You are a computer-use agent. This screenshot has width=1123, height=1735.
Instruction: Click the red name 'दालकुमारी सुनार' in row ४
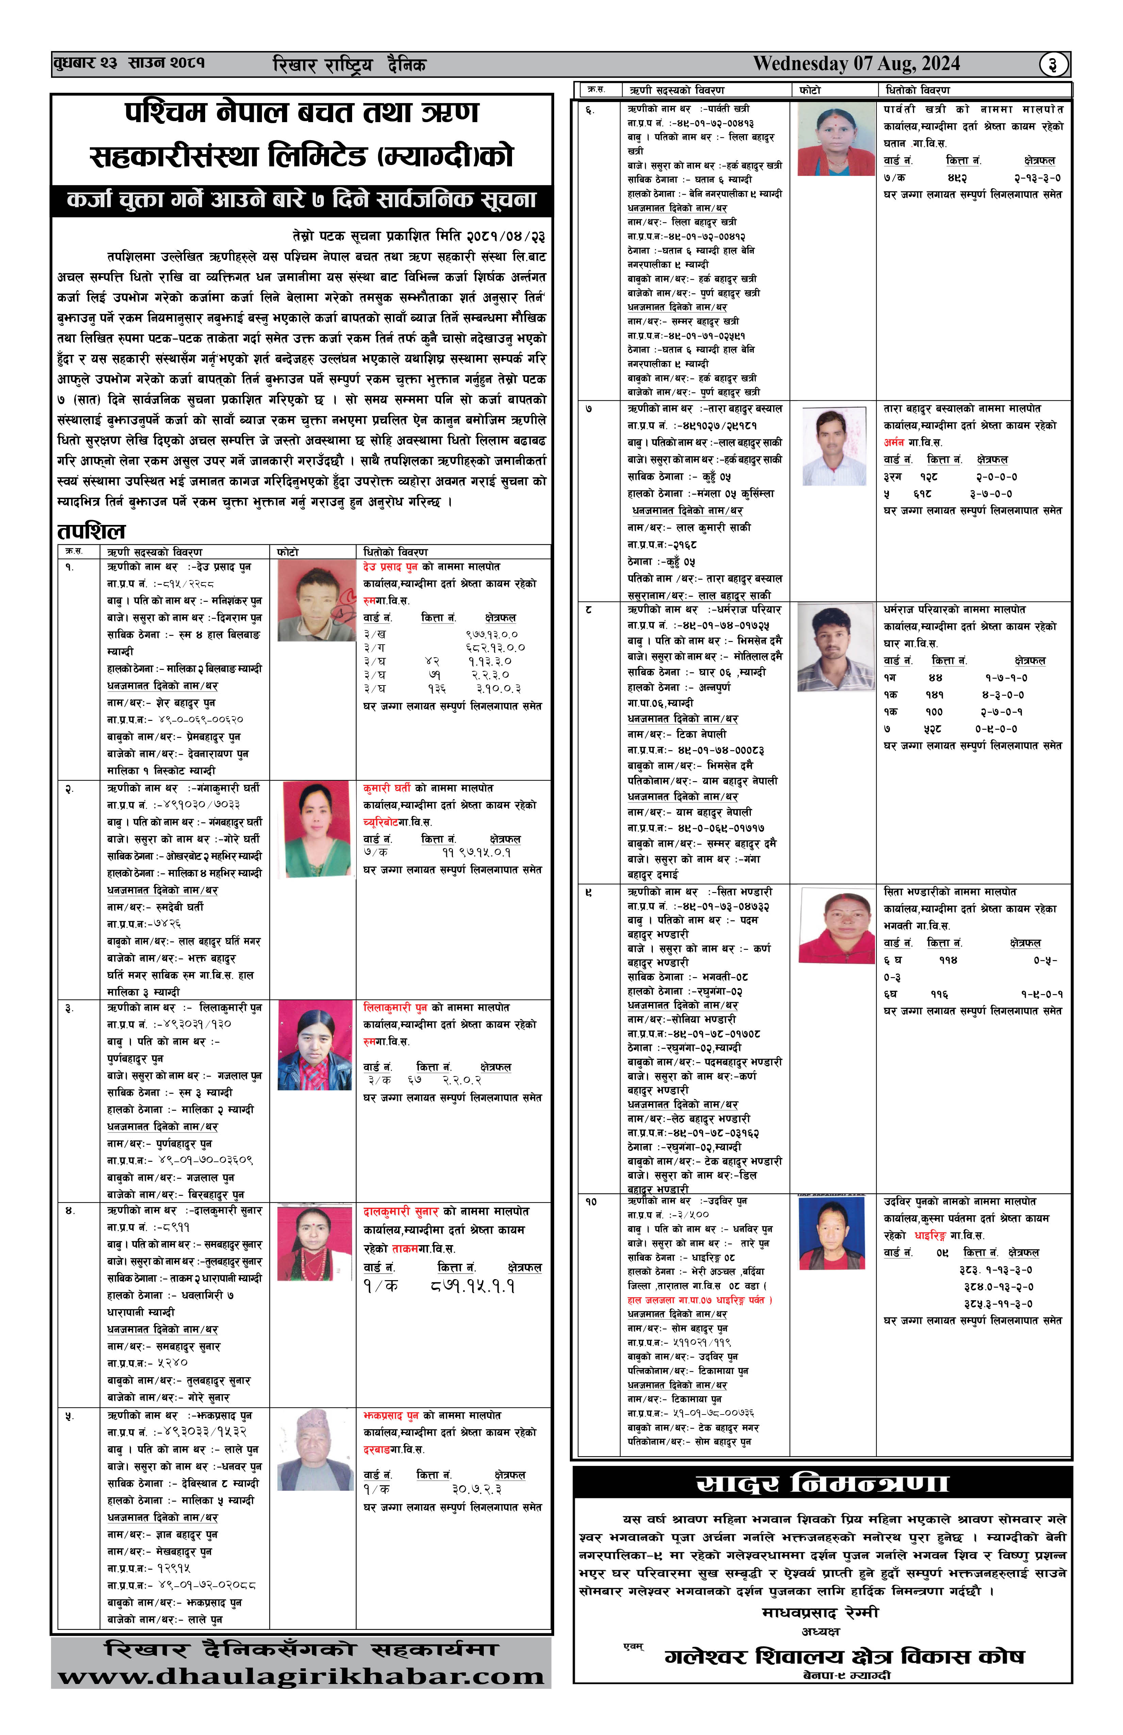[400, 1211]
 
